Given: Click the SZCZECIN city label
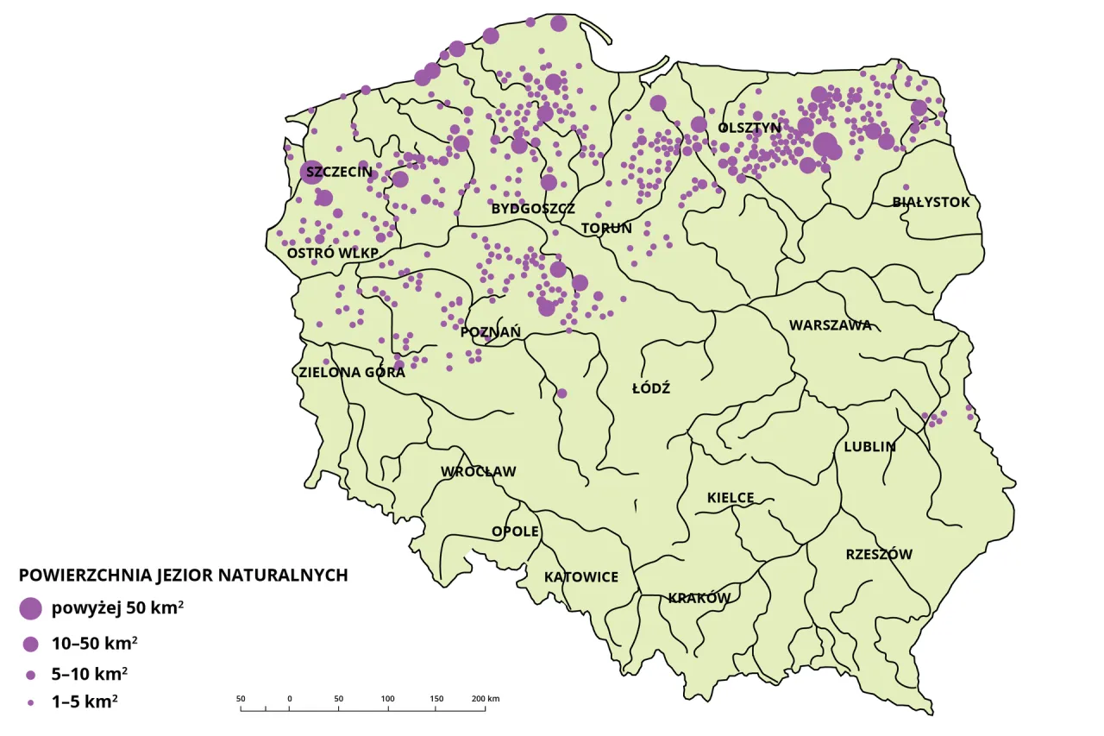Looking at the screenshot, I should (339, 172).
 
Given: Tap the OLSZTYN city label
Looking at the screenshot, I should (749, 128).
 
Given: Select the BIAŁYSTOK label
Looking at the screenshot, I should (931, 202).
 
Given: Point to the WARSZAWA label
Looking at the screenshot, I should (830, 325).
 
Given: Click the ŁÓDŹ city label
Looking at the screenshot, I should (651, 388).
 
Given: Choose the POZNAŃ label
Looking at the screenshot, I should (491, 332).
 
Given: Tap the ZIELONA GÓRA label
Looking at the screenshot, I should (352, 373).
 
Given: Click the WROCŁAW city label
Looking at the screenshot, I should (478, 472).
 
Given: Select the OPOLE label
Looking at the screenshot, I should (515, 531).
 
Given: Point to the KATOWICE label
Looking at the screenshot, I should (580, 576).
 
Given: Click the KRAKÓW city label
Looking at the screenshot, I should (699, 598).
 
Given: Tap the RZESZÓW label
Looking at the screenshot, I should (878, 554).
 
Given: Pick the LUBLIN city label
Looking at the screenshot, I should (869, 447).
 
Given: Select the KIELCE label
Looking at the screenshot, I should (731, 498).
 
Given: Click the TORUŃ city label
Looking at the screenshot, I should (606, 229).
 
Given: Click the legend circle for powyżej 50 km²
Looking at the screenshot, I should (31, 608).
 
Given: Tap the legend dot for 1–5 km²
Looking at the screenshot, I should (31, 703).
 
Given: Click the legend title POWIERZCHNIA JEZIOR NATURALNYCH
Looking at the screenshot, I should (183, 576).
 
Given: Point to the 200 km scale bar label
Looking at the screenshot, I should (486, 698).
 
